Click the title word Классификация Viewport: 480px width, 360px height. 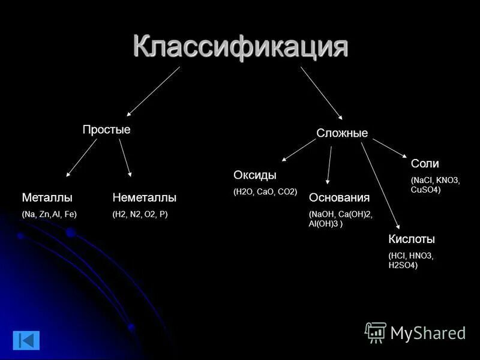240,46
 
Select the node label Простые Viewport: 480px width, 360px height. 106,130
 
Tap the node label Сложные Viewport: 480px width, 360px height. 342,133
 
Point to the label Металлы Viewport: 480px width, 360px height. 47,197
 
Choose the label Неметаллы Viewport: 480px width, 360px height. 145,197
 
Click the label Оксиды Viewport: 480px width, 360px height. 254,175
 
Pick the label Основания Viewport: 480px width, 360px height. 339,197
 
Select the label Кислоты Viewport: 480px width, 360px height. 412,239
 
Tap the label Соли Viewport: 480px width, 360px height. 425,164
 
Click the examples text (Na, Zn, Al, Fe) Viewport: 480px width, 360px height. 49,214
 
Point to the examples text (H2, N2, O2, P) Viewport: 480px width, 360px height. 140,214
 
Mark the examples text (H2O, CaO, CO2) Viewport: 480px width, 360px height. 265,192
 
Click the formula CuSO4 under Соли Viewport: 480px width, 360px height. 425,190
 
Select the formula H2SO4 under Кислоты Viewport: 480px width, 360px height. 403,265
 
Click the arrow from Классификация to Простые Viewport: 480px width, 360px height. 153,91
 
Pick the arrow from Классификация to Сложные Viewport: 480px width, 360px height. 322,92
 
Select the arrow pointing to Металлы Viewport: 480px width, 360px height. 82,158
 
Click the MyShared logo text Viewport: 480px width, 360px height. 427,333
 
